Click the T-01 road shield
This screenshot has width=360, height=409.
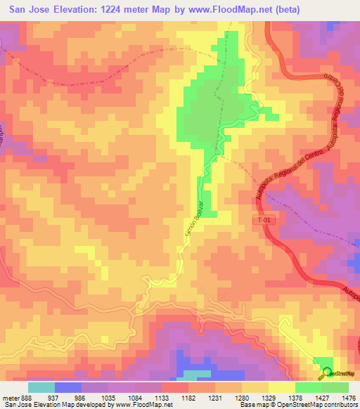[261, 221]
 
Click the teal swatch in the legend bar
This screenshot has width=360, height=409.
[41, 387]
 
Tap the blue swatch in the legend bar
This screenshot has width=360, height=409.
[68, 387]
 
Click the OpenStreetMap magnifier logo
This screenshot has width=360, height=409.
[325, 373]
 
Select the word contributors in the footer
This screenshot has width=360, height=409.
[339, 405]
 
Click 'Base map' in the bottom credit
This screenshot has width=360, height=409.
[252, 405]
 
